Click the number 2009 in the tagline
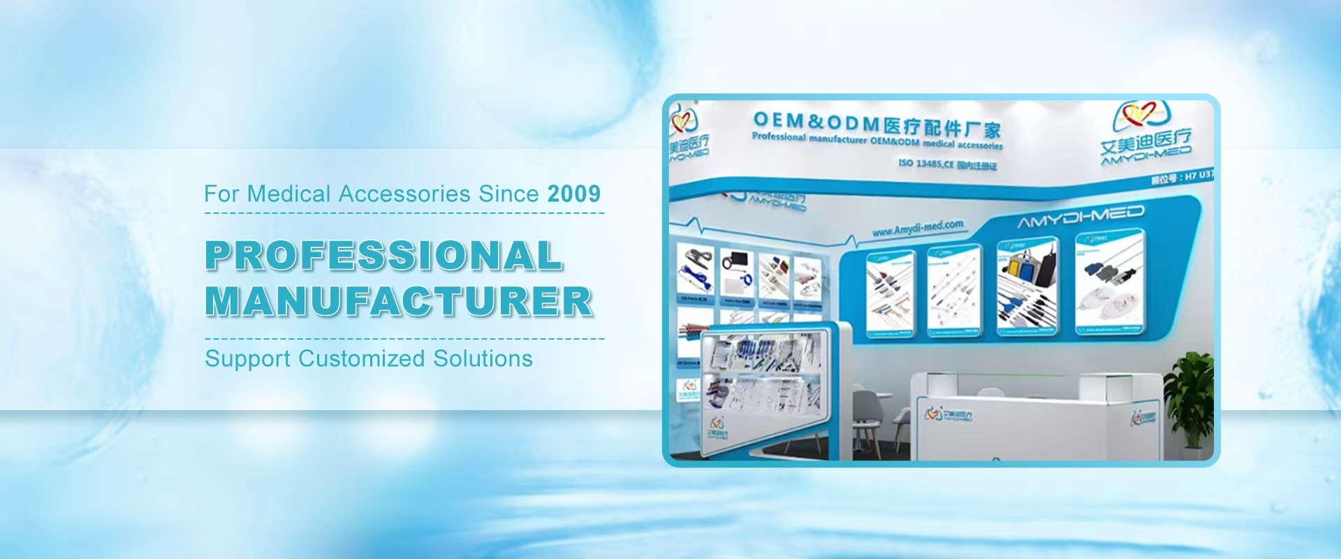[573, 194]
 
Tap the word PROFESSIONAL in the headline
[383, 256]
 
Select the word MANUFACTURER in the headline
[399, 302]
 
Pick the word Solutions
[483, 358]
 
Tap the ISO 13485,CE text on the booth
[925, 163]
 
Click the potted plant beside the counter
[1189, 398]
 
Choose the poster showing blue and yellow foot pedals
[1027, 286]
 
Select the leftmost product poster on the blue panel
[890, 293]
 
